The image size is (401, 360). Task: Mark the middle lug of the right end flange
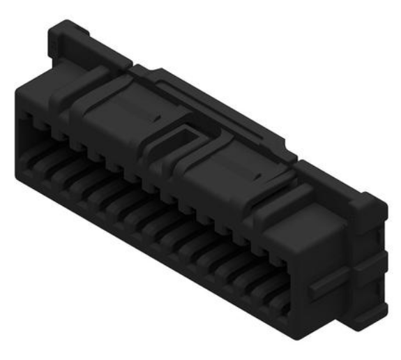373,262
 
